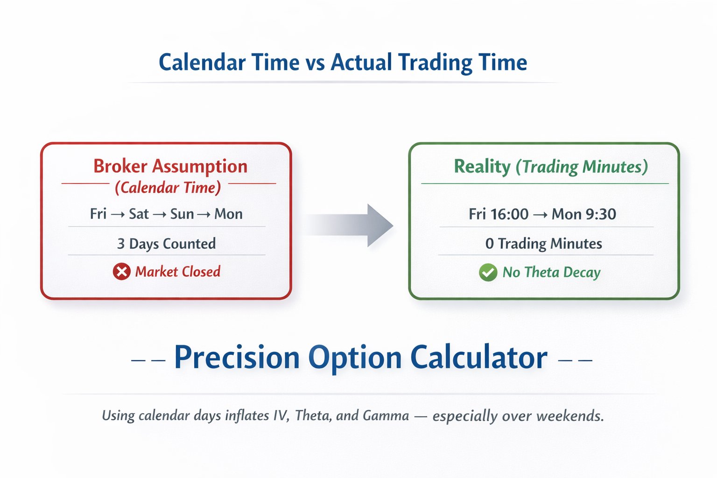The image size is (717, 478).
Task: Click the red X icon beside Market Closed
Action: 121,272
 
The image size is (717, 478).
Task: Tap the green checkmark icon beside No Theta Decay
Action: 488,272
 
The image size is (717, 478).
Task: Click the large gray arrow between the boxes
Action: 355,225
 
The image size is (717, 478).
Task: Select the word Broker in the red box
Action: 120,166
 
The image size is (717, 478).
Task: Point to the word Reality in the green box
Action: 482,167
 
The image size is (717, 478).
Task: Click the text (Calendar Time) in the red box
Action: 168,188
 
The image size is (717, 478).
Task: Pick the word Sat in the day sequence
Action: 139,214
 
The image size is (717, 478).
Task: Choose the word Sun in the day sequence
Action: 182,214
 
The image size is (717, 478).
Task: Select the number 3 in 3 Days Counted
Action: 121,244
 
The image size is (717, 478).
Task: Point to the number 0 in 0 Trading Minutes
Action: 489,244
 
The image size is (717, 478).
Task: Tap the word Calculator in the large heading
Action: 478,358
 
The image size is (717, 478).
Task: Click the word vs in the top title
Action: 315,63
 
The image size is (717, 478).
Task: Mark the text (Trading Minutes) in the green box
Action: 582,167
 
